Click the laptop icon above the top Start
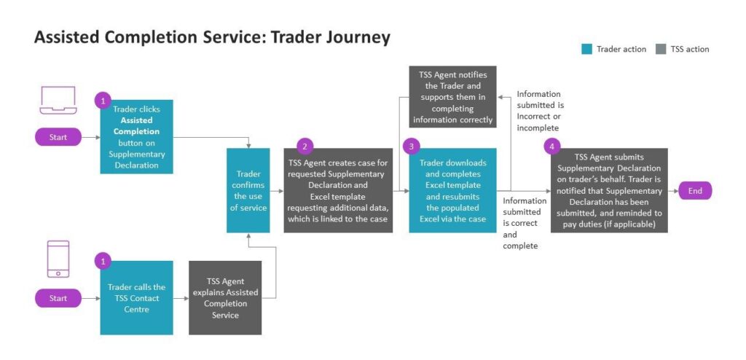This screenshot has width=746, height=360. click(58, 101)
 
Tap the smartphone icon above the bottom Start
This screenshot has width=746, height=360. click(58, 259)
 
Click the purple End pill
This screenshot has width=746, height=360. click(695, 191)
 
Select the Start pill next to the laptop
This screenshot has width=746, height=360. click(58, 136)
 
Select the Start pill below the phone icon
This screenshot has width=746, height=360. click(58, 298)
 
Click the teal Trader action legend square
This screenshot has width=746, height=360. click(586, 49)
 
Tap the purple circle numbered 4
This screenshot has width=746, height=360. click(552, 146)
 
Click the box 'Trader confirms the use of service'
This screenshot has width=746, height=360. click(248, 191)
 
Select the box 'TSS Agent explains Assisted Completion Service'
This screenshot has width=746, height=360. click(225, 298)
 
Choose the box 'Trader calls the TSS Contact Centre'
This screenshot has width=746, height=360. click(136, 298)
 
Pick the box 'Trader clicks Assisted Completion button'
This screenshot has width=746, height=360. click(136, 137)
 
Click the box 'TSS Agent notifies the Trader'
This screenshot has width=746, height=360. click(452, 97)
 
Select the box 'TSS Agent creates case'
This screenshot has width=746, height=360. click(338, 191)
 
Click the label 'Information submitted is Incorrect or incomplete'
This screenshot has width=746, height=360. click(539, 111)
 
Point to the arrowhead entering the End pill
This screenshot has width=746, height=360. click(675, 191)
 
